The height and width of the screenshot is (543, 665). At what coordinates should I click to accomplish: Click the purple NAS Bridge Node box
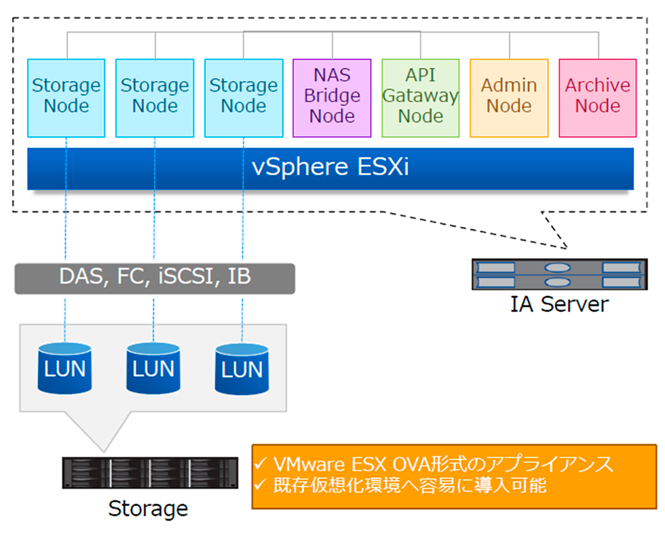[x=332, y=98]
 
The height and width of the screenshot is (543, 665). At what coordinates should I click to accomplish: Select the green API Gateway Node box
[x=421, y=98]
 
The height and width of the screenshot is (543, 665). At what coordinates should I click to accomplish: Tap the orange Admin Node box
[x=509, y=98]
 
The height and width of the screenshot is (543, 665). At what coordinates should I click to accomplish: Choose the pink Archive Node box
[x=598, y=98]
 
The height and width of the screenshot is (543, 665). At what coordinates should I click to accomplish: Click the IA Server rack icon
[x=558, y=274]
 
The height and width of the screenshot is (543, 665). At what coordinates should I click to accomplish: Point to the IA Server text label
[x=559, y=303]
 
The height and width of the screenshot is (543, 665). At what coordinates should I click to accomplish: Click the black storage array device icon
[x=150, y=472]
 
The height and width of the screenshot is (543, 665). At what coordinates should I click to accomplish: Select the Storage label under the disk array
[x=148, y=508]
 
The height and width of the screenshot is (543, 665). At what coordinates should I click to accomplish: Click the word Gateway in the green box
[x=421, y=96]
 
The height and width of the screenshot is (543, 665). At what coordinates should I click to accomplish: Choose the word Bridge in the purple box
[x=332, y=96]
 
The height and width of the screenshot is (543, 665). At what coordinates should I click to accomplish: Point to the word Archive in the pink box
[x=598, y=86]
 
